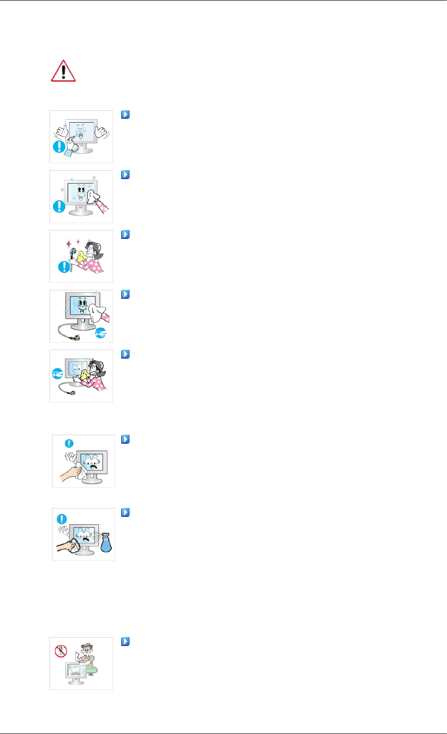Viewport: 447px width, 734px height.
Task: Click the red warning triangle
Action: coord(64,72)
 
